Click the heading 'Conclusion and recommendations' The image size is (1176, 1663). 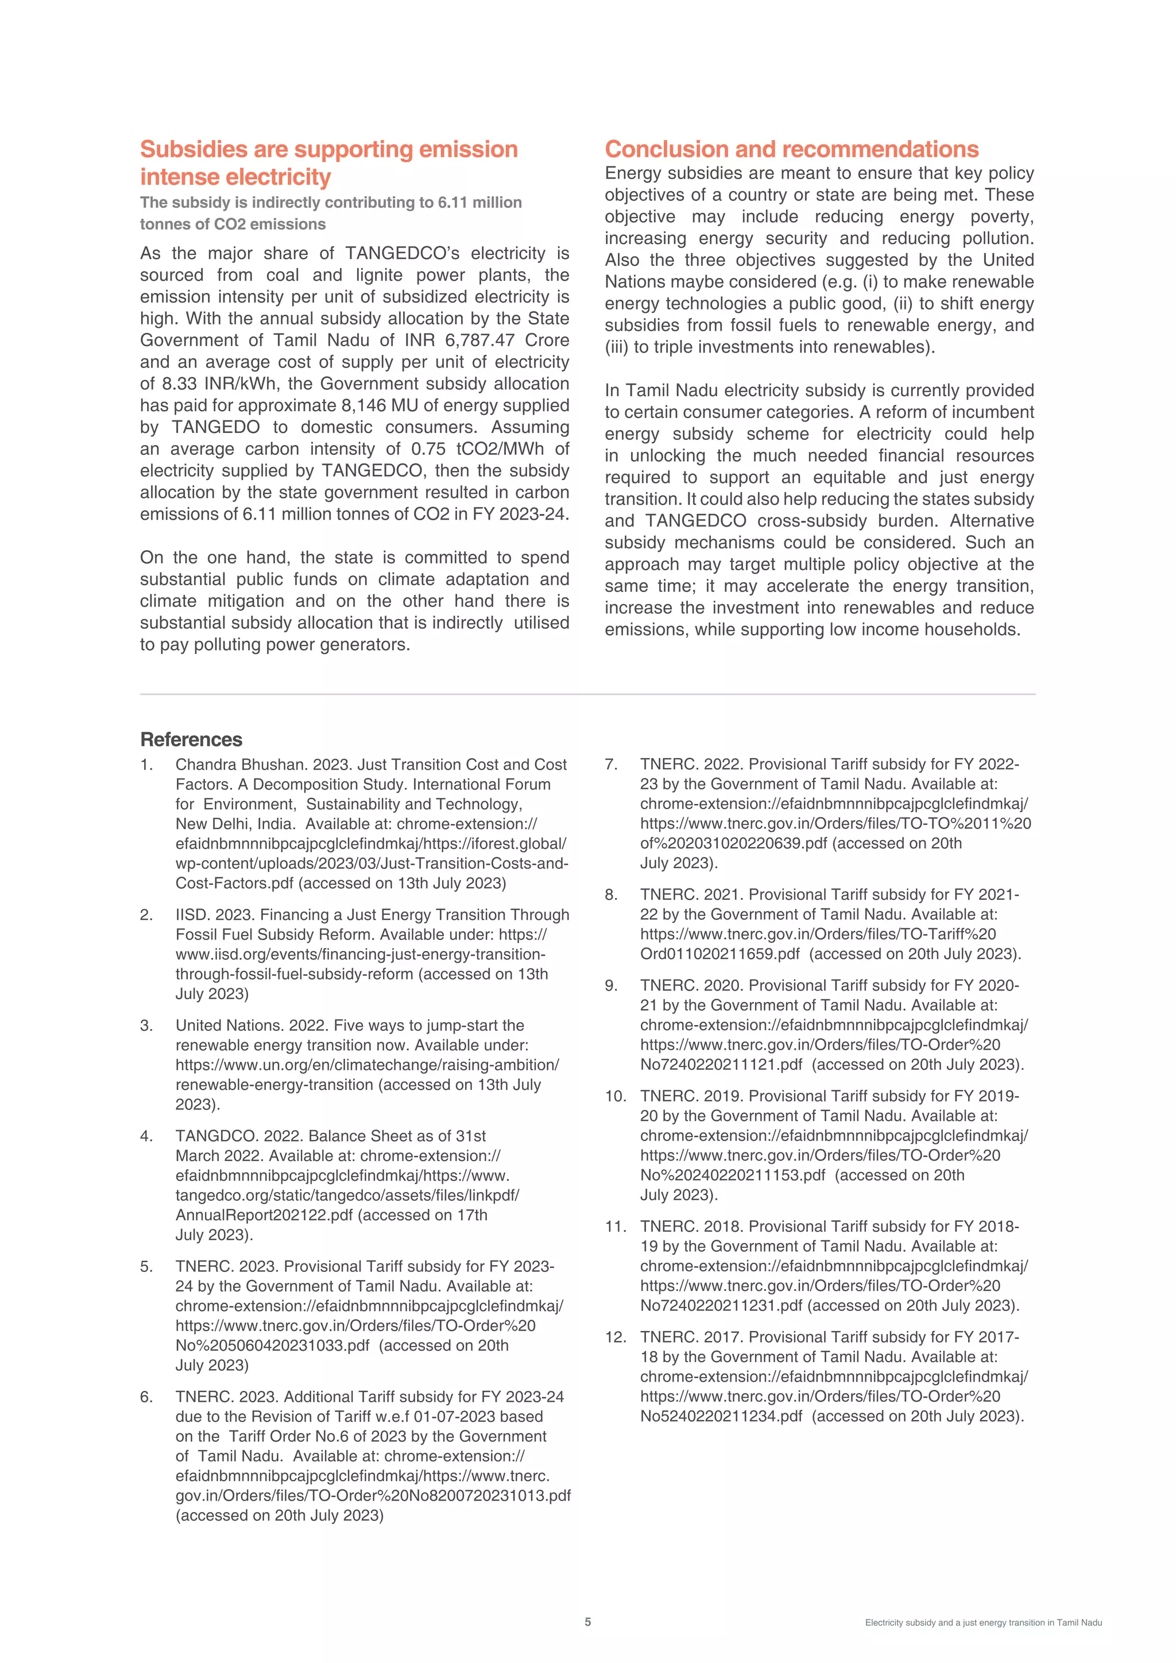[791, 149]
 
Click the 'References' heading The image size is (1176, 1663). [191, 740]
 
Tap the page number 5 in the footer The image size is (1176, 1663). [588, 1622]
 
